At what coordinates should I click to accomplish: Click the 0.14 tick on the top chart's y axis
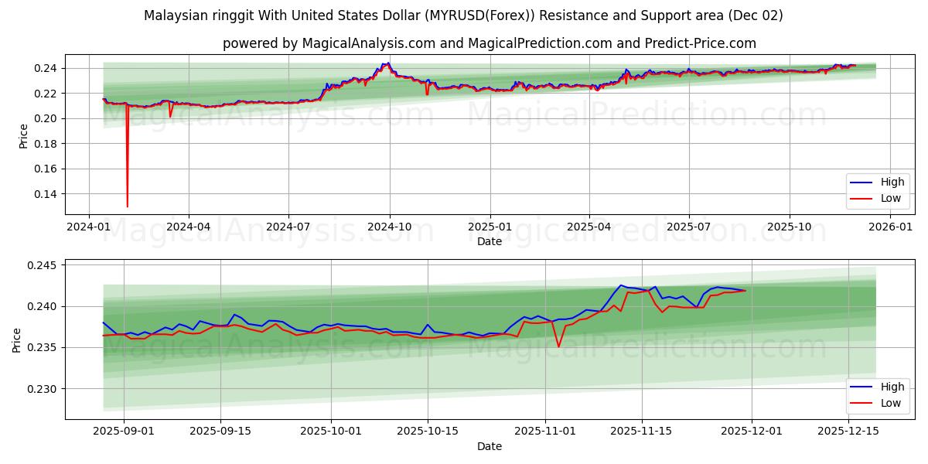pyautogui.click(x=45, y=194)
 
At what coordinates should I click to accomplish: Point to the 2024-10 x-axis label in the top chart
pyautogui.click(x=389, y=227)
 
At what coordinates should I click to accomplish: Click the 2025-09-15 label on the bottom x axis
pyautogui.click(x=220, y=432)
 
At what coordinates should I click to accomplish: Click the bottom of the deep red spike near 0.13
pyautogui.click(x=127, y=206)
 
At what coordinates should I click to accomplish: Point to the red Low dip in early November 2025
pyautogui.click(x=558, y=346)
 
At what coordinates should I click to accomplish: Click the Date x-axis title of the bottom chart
pyautogui.click(x=489, y=446)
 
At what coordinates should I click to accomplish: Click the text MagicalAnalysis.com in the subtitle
pyautogui.click(x=360, y=43)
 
